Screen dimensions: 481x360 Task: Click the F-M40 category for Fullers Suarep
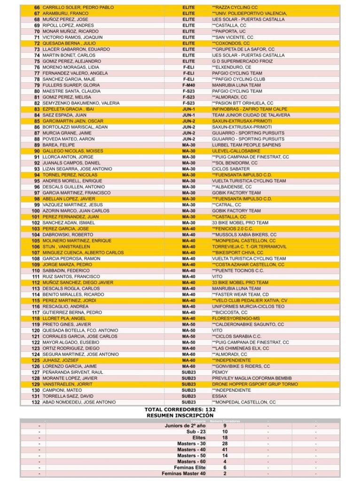click(188, 85)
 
